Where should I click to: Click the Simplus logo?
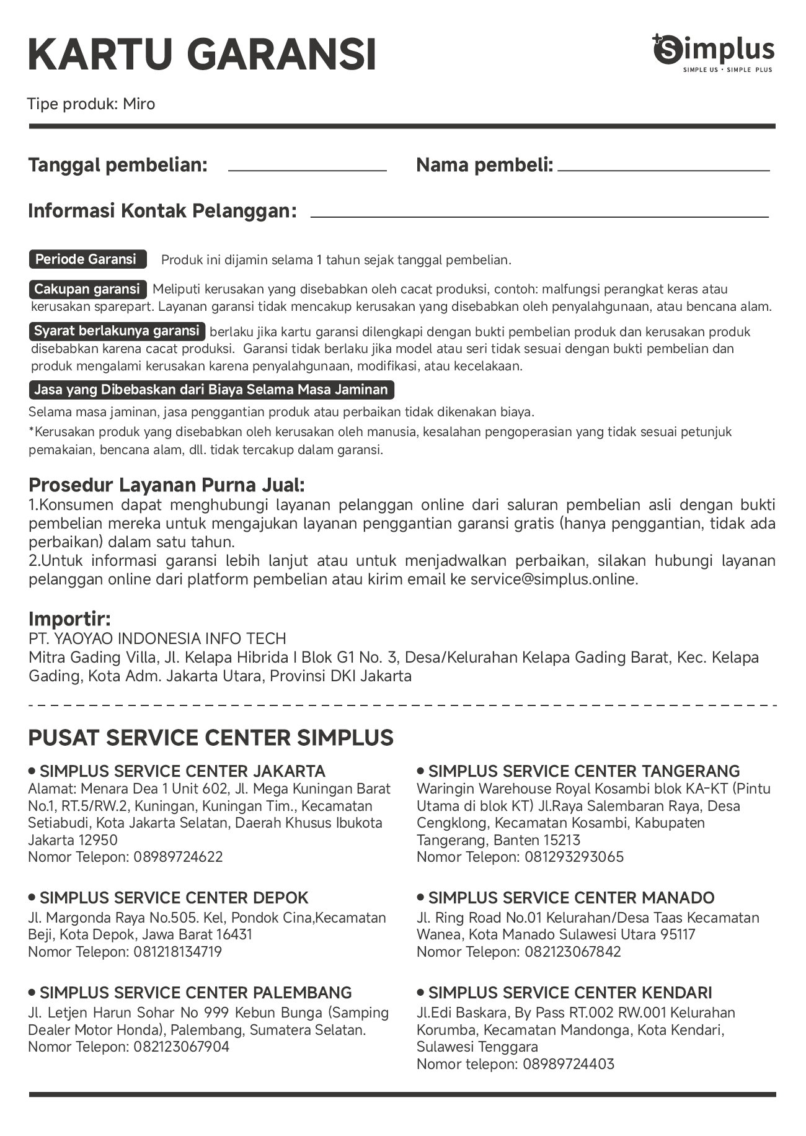click(713, 53)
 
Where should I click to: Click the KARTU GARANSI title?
click(202, 55)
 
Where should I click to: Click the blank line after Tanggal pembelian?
click(307, 169)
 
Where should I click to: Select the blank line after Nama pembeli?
click(663, 169)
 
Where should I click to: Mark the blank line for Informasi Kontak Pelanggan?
click(539, 216)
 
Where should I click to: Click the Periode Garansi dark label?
click(87, 259)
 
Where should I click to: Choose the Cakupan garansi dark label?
click(87, 289)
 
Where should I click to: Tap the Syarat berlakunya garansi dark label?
click(117, 331)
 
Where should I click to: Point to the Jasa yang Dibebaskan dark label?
click(211, 390)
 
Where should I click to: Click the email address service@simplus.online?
click(554, 579)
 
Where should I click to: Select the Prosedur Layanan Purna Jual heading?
click(167, 485)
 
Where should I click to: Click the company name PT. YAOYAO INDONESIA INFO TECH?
click(157, 638)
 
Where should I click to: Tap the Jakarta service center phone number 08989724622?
click(178, 857)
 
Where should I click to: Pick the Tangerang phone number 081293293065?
click(574, 857)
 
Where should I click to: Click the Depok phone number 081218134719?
click(177, 951)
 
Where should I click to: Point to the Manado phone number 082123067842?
click(572, 951)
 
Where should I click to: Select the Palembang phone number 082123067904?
click(181, 1047)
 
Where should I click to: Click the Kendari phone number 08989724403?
click(569, 1064)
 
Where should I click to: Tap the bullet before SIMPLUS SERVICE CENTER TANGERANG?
click(420, 771)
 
